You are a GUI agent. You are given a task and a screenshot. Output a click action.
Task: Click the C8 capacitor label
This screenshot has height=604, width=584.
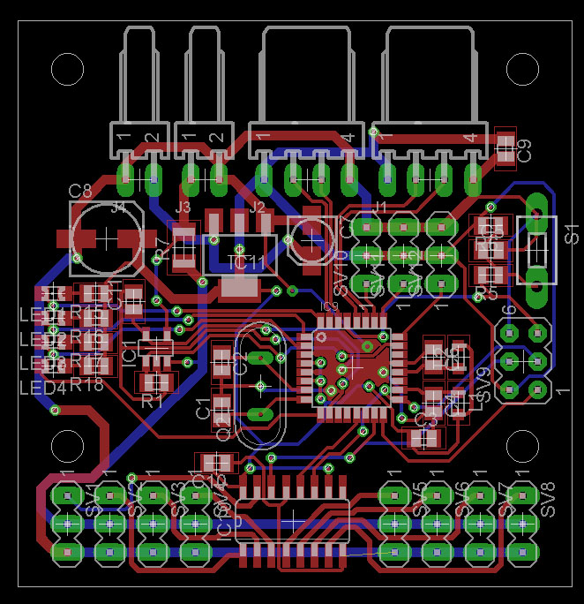[x=80, y=190]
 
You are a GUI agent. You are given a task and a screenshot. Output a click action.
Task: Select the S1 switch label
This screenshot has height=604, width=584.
[x=572, y=235]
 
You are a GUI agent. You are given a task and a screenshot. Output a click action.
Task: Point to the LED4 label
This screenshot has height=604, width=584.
[x=42, y=389]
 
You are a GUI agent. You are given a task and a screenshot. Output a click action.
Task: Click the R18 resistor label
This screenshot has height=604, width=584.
[x=87, y=384]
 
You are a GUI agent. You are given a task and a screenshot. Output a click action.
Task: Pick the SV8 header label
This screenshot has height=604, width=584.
[x=548, y=500]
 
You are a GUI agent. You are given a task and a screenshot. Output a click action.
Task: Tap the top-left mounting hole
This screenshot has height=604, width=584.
[x=66, y=68]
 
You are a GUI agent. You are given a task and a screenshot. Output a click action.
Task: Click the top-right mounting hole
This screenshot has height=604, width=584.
[x=523, y=68]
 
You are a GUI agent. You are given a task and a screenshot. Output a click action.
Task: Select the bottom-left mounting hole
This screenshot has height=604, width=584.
[x=66, y=446]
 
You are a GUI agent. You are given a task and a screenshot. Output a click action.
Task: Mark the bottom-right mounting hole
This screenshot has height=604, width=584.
[x=523, y=446]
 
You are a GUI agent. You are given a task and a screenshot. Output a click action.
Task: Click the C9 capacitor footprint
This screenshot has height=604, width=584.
[x=505, y=147]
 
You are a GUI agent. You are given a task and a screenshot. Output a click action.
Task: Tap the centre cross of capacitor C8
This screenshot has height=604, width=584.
[x=105, y=238]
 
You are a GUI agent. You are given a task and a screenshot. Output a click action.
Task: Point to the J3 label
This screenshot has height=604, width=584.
[x=183, y=208]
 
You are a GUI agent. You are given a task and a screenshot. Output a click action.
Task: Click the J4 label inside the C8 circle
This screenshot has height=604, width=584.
[x=118, y=208]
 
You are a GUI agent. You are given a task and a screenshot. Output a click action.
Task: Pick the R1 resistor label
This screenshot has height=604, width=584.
[x=153, y=399]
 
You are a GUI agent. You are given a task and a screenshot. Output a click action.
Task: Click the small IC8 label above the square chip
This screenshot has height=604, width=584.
[x=328, y=306]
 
